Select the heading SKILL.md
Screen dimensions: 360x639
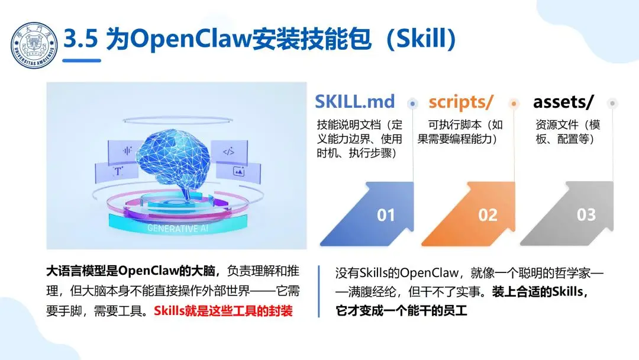[354, 101]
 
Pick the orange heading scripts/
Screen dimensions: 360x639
[460, 101]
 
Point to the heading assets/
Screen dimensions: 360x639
[563, 101]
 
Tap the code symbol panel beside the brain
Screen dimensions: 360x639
[228, 152]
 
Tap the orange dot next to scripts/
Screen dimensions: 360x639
[514, 103]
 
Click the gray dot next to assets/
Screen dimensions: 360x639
[612, 103]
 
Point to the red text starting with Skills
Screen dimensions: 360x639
[223, 310]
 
